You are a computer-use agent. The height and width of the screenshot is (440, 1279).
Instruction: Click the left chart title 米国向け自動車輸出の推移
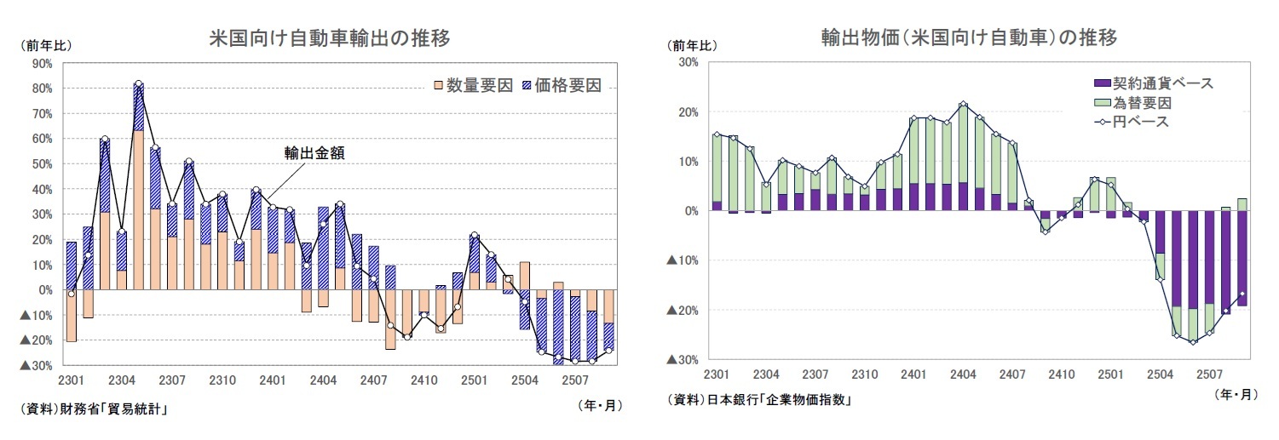click(330, 38)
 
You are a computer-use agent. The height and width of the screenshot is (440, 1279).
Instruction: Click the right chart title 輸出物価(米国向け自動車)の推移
click(969, 38)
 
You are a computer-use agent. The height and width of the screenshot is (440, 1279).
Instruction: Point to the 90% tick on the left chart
click(41, 63)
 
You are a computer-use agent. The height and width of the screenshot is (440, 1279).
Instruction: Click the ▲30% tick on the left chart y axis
click(35, 365)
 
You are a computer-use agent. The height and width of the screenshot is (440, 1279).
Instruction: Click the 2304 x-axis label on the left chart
click(122, 380)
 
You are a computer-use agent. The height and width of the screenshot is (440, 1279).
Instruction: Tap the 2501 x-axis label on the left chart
click(474, 380)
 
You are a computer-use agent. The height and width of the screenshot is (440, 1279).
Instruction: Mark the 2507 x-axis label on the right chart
click(1207, 374)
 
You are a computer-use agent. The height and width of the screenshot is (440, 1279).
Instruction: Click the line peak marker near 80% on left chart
click(138, 84)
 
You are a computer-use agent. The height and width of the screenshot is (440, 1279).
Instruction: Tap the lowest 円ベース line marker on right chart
click(1193, 342)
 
